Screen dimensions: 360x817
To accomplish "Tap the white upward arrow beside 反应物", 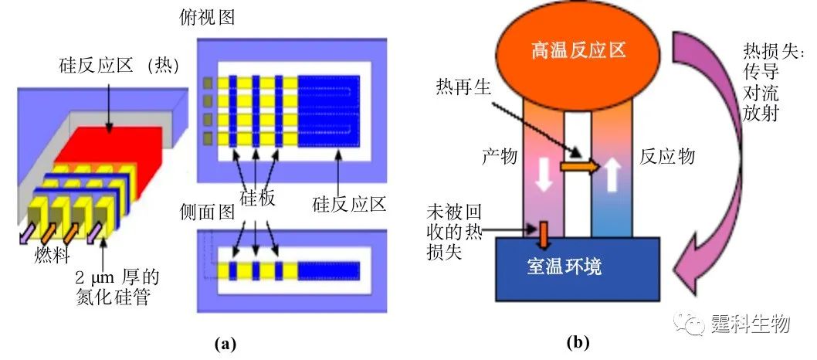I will [612, 175].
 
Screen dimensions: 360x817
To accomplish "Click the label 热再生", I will [462, 84].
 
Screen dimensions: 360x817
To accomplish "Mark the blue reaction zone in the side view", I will [329, 270].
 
